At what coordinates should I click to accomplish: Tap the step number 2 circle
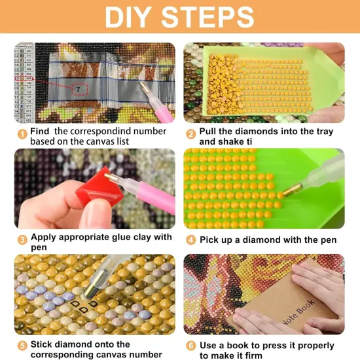point(191,134)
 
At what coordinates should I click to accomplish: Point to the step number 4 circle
point(191,240)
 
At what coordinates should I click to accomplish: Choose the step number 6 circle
point(191,346)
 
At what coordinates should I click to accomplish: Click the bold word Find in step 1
point(43,132)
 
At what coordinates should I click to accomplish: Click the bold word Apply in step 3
point(46,237)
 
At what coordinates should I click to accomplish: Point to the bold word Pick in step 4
point(211,240)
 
